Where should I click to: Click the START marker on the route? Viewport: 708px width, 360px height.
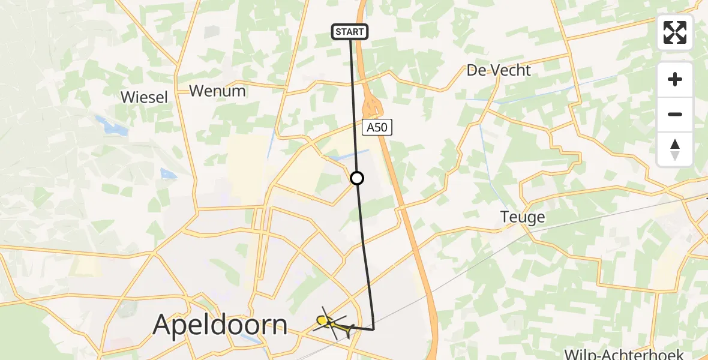349,32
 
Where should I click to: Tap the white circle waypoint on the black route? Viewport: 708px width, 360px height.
357,178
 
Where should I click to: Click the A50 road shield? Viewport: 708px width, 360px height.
377,127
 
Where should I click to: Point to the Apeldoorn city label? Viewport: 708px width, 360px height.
220,325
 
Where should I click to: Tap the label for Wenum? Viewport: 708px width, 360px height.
217,91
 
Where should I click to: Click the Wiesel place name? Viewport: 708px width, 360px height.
144,97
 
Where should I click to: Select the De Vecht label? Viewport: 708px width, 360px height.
499,70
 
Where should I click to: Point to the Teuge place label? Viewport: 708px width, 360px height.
523,217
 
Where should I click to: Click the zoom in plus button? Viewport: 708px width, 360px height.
675,80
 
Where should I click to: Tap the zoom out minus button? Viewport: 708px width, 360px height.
675,114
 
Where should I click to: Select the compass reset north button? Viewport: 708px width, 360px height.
675,149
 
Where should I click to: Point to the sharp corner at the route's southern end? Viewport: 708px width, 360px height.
373,329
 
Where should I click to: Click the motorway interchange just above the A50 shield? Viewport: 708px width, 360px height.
373,106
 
